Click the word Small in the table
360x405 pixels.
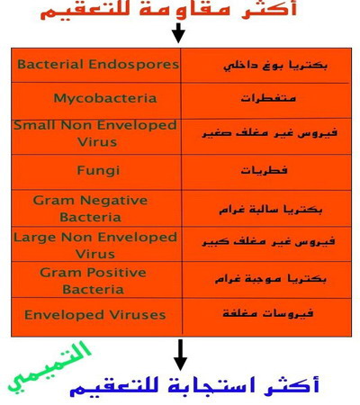[x=35, y=125]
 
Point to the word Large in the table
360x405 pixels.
[x=35, y=238]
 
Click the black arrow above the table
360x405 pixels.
[x=178, y=32]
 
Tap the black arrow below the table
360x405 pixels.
[x=180, y=355]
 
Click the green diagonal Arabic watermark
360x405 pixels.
[x=49, y=368]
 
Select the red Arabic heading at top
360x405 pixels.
[x=168, y=10]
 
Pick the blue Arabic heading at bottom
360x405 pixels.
[x=194, y=387]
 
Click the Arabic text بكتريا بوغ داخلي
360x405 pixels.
[x=275, y=66]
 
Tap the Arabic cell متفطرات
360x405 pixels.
[x=268, y=98]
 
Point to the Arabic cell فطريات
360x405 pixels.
[x=264, y=170]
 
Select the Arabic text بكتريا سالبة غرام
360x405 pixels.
[x=271, y=209]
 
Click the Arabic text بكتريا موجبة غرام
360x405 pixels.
[x=271, y=279]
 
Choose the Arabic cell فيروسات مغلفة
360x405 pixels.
[x=268, y=313]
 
